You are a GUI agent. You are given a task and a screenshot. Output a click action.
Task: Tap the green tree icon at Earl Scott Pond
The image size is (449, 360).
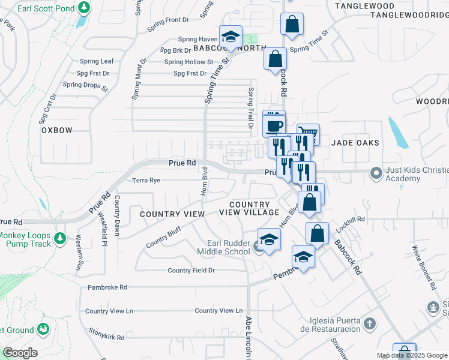click(85, 8)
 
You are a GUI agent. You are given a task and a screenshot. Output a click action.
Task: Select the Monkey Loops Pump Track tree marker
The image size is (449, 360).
click(59, 239)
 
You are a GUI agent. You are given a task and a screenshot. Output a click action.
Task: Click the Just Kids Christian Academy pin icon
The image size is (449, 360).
click(376, 173)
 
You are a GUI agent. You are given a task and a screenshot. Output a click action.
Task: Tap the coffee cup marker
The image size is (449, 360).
click(274, 126)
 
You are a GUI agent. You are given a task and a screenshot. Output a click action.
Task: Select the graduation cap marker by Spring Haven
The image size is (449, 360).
click(231, 37)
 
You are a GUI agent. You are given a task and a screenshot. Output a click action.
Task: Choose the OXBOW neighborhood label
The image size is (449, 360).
click(57, 130)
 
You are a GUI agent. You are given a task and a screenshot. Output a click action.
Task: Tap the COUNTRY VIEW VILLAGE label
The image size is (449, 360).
click(249, 209)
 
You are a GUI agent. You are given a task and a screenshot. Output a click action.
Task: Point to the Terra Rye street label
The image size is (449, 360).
click(146, 180)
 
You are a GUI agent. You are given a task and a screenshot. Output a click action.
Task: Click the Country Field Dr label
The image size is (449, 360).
click(191, 271)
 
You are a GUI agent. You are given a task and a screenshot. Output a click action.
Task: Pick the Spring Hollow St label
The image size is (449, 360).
click(188, 62)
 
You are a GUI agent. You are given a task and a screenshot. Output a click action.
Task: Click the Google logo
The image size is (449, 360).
click(20, 353)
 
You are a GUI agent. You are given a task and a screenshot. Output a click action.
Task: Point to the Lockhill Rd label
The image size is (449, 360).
click(351, 220)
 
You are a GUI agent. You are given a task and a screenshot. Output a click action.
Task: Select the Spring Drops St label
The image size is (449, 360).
click(85, 86)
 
